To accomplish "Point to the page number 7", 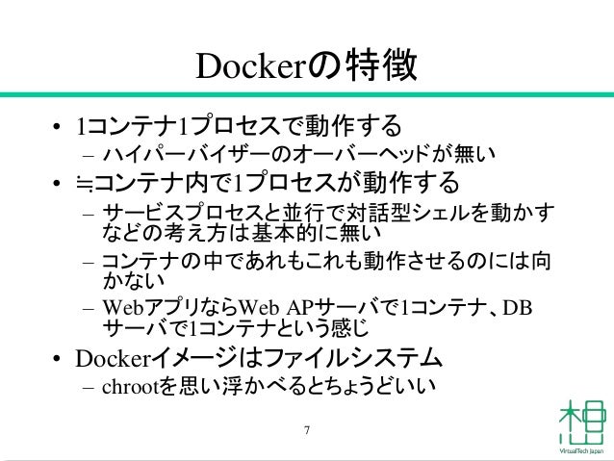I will point(306,429).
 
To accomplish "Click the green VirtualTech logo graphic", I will point(580,420).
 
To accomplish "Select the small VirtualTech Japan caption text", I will point(580,450).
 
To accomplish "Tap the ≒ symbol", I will point(86,182).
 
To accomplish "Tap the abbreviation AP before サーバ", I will point(298,308).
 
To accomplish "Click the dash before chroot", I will point(87,388).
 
